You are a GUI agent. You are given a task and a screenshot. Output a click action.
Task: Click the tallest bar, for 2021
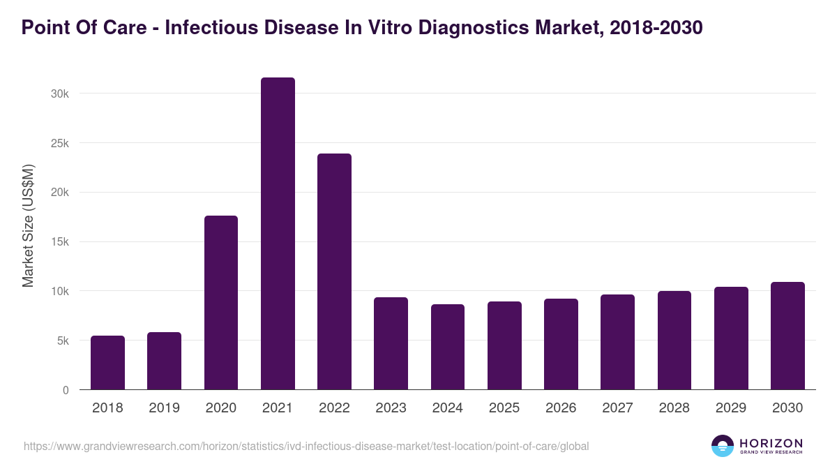point(278,234)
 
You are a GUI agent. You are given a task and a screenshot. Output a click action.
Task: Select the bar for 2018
point(107,363)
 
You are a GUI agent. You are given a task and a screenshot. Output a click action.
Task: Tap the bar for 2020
point(221,303)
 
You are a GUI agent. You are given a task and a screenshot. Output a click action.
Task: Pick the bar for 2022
point(334,271)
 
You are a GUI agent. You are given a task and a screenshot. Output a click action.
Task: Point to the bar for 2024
point(448,347)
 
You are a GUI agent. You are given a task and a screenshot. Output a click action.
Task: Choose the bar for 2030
point(787,336)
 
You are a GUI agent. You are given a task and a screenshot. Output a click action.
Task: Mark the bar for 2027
point(617,342)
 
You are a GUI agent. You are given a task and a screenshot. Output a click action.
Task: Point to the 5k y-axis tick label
point(62,341)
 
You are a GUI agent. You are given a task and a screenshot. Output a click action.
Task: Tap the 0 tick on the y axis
point(66,391)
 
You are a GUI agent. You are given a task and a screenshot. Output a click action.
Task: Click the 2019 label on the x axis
point(165,408)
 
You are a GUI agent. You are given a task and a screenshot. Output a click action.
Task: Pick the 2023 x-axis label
point(391,408)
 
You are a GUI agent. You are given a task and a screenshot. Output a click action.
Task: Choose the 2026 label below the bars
point(561,408)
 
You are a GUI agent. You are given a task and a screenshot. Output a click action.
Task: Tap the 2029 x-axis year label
point(731,408)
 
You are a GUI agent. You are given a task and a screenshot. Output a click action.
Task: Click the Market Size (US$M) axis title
point(28,226)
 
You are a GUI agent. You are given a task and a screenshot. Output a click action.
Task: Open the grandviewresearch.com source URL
point(306,446)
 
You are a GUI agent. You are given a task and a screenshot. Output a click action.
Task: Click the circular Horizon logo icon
point(723,446)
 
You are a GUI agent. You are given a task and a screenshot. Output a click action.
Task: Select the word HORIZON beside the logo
point(771,442)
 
